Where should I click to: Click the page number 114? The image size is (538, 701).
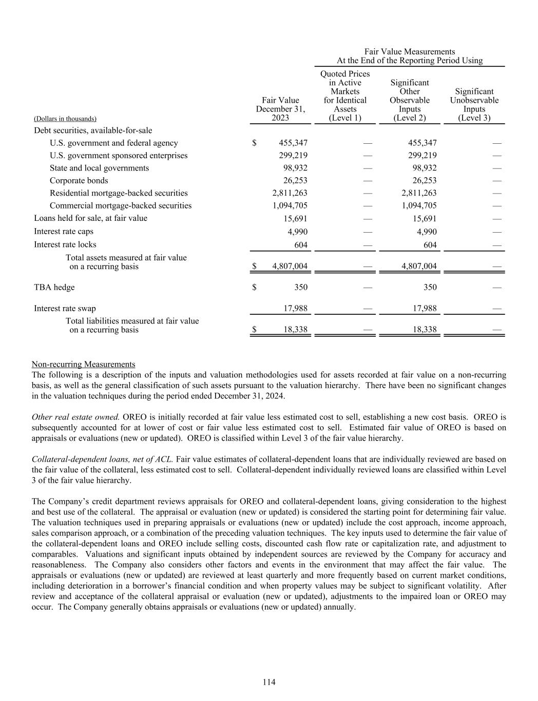[x=269, y=682]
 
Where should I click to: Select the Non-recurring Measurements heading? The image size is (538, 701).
[x=83, y=364]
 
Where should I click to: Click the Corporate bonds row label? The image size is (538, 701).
[x=79, y=181]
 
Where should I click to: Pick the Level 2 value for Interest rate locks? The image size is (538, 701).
[x=430, y=245]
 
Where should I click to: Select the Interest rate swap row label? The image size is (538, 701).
[x=65, y=308]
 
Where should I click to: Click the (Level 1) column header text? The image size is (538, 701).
[x=345, y=118]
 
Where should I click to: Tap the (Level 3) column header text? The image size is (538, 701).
[x=474, y=118]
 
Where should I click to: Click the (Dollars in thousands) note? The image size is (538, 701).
[x=65, y=119]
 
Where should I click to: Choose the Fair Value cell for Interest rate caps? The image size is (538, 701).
[x=297, y=232]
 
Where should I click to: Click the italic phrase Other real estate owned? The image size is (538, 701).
[x=75, y=416]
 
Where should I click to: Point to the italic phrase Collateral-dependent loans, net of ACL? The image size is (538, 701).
[x=102, y=459]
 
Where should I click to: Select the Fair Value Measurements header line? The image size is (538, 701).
[x=409, y=51]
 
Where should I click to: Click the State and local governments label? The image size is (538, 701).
[x=99, y=168]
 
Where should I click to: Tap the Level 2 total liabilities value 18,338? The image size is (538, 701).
[x=425, y=329]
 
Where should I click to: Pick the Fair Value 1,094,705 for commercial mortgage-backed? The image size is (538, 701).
[x=290, y=205]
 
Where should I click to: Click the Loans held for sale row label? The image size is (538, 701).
[x=90, y=218]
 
